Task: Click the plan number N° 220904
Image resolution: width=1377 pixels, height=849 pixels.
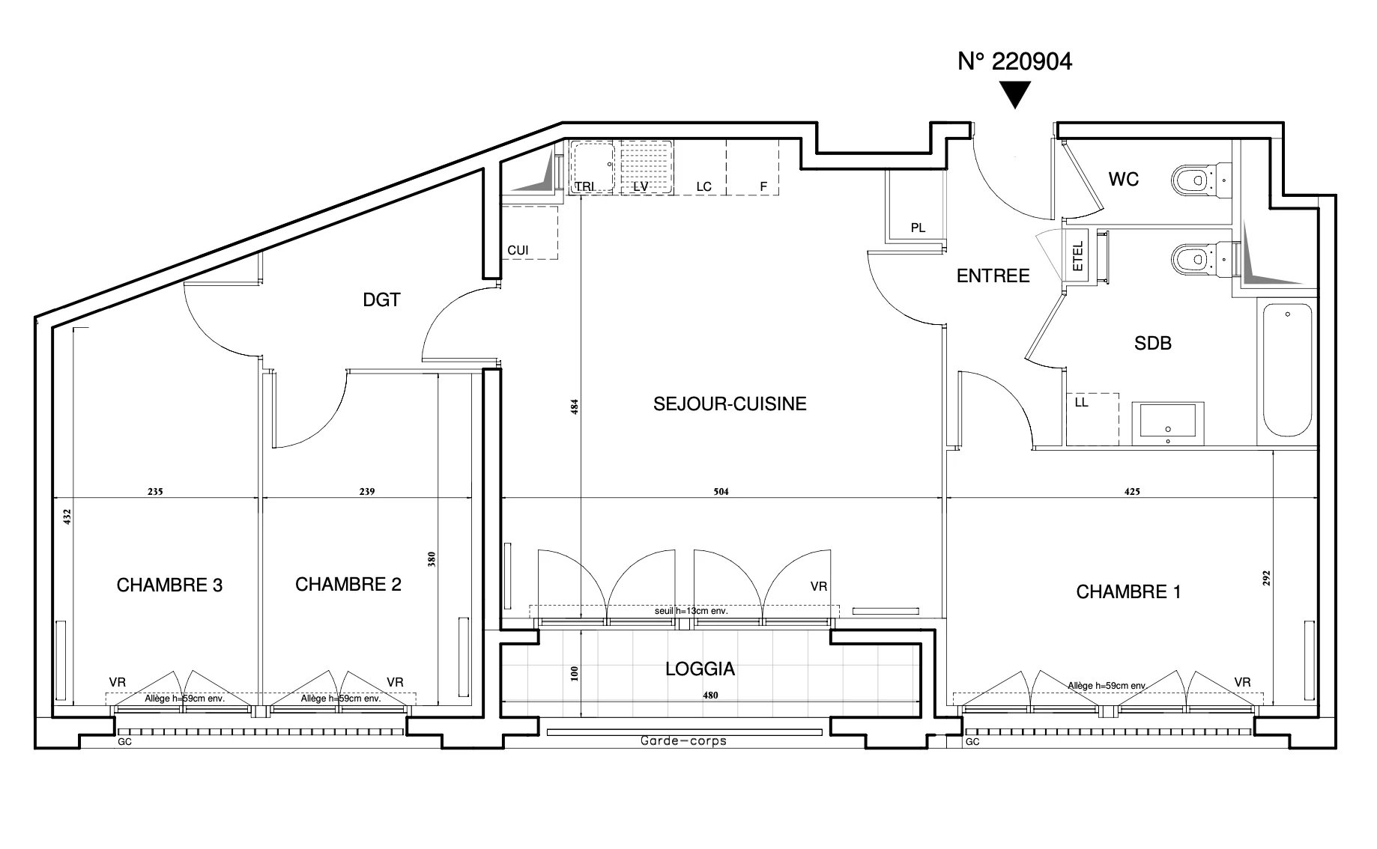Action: [x=1015, y=61]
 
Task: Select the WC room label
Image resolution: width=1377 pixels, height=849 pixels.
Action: [x=1124, y=179]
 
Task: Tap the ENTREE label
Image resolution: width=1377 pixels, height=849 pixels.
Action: [x=993, y=276]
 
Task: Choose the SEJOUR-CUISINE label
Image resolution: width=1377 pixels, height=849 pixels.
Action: [x=730, y=404]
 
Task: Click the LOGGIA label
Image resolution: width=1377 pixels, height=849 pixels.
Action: [x=700, y=669]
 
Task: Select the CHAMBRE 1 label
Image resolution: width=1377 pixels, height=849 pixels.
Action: [x=1128, y=592]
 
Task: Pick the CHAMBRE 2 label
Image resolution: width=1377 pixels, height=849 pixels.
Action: [x=348, y=584]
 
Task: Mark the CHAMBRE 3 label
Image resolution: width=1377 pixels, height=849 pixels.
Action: [x=169, y=585]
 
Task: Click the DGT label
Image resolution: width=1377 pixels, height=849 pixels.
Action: [x=382, y=299]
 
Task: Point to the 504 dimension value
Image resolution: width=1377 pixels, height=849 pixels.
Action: [x=721, y=492]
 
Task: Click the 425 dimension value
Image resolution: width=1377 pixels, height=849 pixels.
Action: [x=1132, y=492]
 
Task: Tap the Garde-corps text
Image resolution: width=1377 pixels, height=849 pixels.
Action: [x=683, y=741]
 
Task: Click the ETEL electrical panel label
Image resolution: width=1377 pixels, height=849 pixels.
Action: [x=1078, y=256]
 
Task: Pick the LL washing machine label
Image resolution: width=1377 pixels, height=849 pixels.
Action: [x=1081, y=402]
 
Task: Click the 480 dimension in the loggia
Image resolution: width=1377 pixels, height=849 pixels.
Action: [x=710, y=696]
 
